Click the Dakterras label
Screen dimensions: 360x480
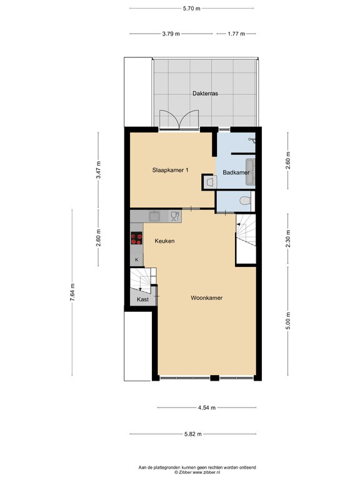[x=205, y=93]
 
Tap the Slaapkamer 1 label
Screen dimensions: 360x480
[x=170, y=170]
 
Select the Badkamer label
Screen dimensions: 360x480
[x=236, y=172]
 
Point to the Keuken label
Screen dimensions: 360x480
[x=165, y=241]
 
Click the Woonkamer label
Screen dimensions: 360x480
[x=207, y=297]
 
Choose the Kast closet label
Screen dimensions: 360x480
[x=142, y=299]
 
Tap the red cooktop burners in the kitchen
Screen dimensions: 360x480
[x=136, y=238]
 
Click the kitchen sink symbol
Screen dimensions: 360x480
[x=154, y=216]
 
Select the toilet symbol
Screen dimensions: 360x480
[x=245, y=201]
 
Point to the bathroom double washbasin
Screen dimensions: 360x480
[x=251, y=172]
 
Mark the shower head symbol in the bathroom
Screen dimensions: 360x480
[x=252, y=140]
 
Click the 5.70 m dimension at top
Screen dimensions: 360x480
[x=192, y=9]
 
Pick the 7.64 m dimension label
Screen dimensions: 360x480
[x=72, y=292]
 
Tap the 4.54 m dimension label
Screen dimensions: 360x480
[x=207, y=407]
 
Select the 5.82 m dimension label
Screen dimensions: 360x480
[x=193, y=434]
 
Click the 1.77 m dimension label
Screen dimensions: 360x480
[x=236, y=34]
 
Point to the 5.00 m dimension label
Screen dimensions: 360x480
[x=288, y=321]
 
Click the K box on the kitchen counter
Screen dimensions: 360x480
[x=136, y=260]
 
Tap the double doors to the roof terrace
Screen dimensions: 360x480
[x=179, y=120]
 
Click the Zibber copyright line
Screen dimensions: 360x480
[x=197, y=472]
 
